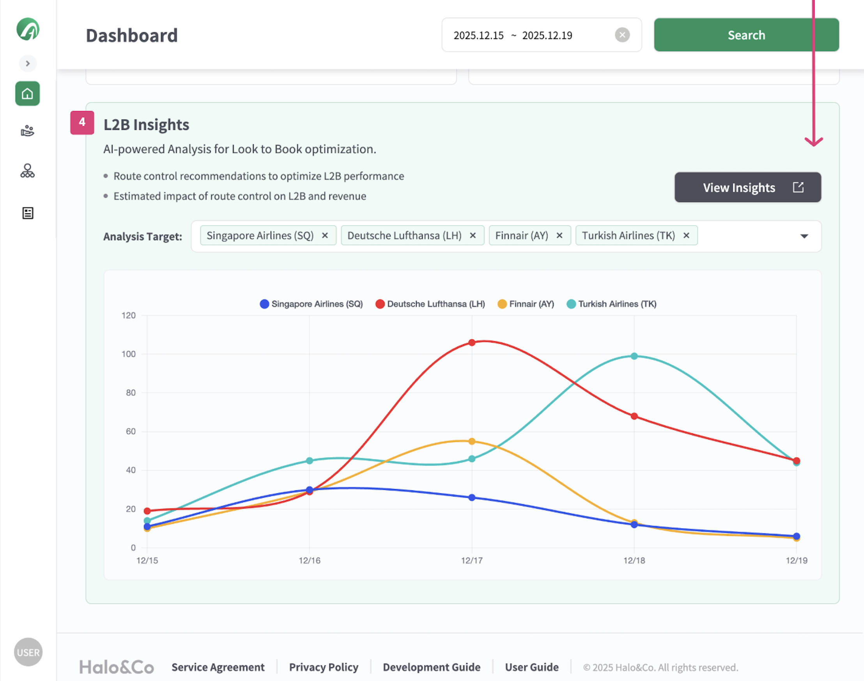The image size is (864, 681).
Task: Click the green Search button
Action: pyautogui.click(x=745, y=35)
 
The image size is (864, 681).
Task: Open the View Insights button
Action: pyautogui.click(x=747, y=187)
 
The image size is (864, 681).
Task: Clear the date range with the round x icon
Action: pyautogui.click(x=622, y=35)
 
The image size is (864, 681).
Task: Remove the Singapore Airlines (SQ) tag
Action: pyautogui.click(x=325, y=236)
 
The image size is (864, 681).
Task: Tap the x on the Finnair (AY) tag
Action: pyautogui.click(x=559, y=236)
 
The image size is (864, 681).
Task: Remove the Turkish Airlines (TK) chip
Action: pyautogui.click(x=686, y=236)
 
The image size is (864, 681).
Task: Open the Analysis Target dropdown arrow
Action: pyautogui.click(x=804, y=236)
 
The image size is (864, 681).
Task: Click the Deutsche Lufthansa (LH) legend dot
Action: pyautogui.click(x=380, y=304)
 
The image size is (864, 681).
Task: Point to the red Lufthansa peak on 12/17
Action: pyautogui.click(x=472, y=342)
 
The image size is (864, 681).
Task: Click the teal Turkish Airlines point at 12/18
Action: pyautogui.click(x=634, y=356)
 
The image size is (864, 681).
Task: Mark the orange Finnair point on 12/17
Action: pyautogui.click(x=472, y=442)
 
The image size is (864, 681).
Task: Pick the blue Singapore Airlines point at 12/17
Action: pyautogui.click(x=472, y=498)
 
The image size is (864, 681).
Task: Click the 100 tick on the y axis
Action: pyautogui.click(x=129, y=354)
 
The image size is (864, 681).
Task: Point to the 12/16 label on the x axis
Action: pyautogui.click(x=309, y=560)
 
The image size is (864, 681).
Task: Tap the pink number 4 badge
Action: pyautogui.click(x=82, y=122)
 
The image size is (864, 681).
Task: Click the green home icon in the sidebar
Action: pyautogui.click(x=28, y=94)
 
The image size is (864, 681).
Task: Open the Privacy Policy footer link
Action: pyautogui.click(x=324, y=667)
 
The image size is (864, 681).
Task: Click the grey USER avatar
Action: pyautogui.click(x=28, y=652)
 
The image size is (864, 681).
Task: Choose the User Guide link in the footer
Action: pyautogui.click(x=532, y=667)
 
